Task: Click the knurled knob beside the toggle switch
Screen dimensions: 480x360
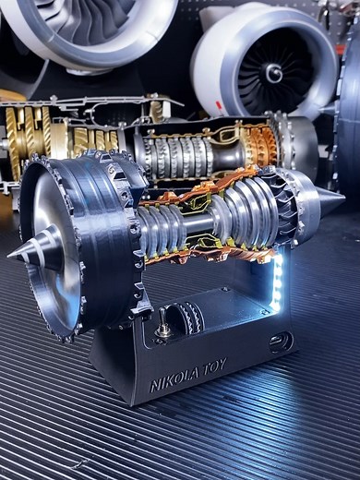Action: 192,318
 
